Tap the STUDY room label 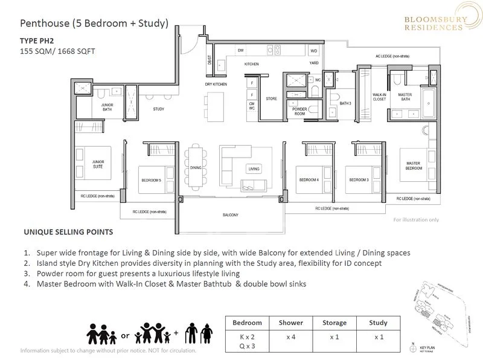pyautogui.click(x=159, y=109)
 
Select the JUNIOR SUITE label pyautogui.click(x=98, y=164)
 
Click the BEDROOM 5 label pyautogui.click(x=151, y=180)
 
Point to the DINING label pyautogui.click(x=195, y=167)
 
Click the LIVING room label pyautogui.click(x=254, y=169)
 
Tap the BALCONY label pyautogui.click(x=229, y=215)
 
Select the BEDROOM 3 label pyautogui.click(x=358, y=180)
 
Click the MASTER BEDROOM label pyautogui.click(x=413, y=165)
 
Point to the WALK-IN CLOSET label pyautogui.click(x=379, y=97)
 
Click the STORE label pyautogui.click(x=270, y=99)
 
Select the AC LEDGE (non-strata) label pyautogui.click(x=392, y=56)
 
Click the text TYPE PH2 pyautogui.click(x=37, y=42)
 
